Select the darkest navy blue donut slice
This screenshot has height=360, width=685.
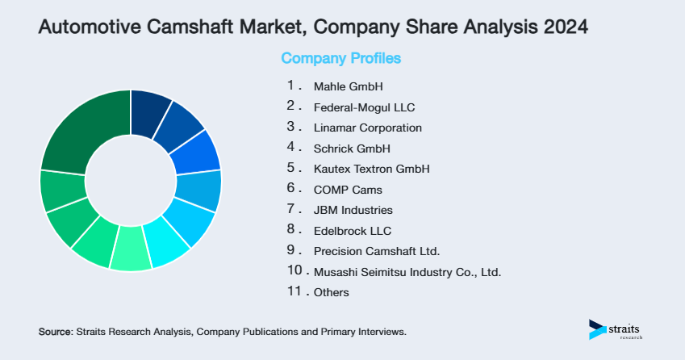(149, 107)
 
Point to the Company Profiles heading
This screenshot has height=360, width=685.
(340, 59)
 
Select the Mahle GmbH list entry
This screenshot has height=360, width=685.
(348, 86)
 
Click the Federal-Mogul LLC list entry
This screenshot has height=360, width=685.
(364, 107)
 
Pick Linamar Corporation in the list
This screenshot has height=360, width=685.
(367, 128)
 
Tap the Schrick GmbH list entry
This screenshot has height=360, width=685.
(352, 149)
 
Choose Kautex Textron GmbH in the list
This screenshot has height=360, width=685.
(371, 170)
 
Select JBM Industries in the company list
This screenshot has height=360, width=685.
(353, 211)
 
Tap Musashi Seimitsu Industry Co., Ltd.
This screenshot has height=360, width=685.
(407, 272)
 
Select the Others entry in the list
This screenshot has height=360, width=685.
(331, 292)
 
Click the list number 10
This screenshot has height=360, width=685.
(294, 271)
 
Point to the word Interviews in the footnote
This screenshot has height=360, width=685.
(380, 332)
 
